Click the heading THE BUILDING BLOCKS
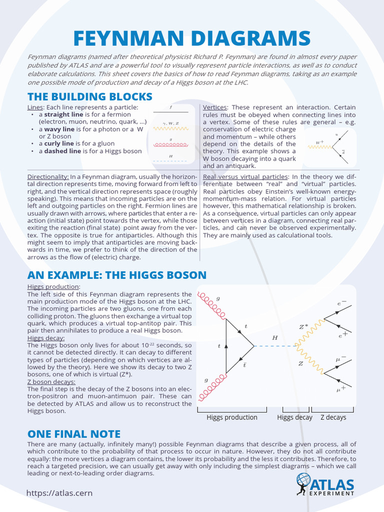pyautogui.click(x=90, y=96)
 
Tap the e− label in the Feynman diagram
pyautogui.click(x=342, y=303)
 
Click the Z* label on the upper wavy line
pyautogui.click(x=303, y=327)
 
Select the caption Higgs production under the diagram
pyautogui.click(x=232, y=417)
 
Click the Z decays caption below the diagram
pyautogui.click(x=333, y=417)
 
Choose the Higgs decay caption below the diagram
pyautogui.click(x=294, y=417)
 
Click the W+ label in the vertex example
pyautogui.click(x=320, y=142)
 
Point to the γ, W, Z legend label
pyautogui.click(x=171, y=122)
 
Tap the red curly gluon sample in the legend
pyautogui.click(x=171, y=145)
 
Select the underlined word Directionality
pyautogui.click(x=48, y=177)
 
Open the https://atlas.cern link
pyautogui.click(x=59, y=493)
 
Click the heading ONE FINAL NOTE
pyautogui.click(x=74, y=434)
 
